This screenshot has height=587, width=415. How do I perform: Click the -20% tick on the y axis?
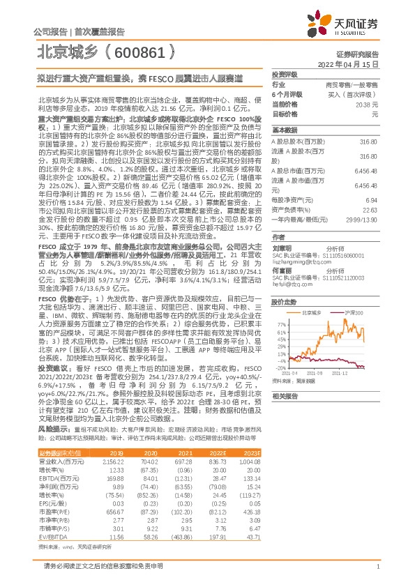[280, 367]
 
